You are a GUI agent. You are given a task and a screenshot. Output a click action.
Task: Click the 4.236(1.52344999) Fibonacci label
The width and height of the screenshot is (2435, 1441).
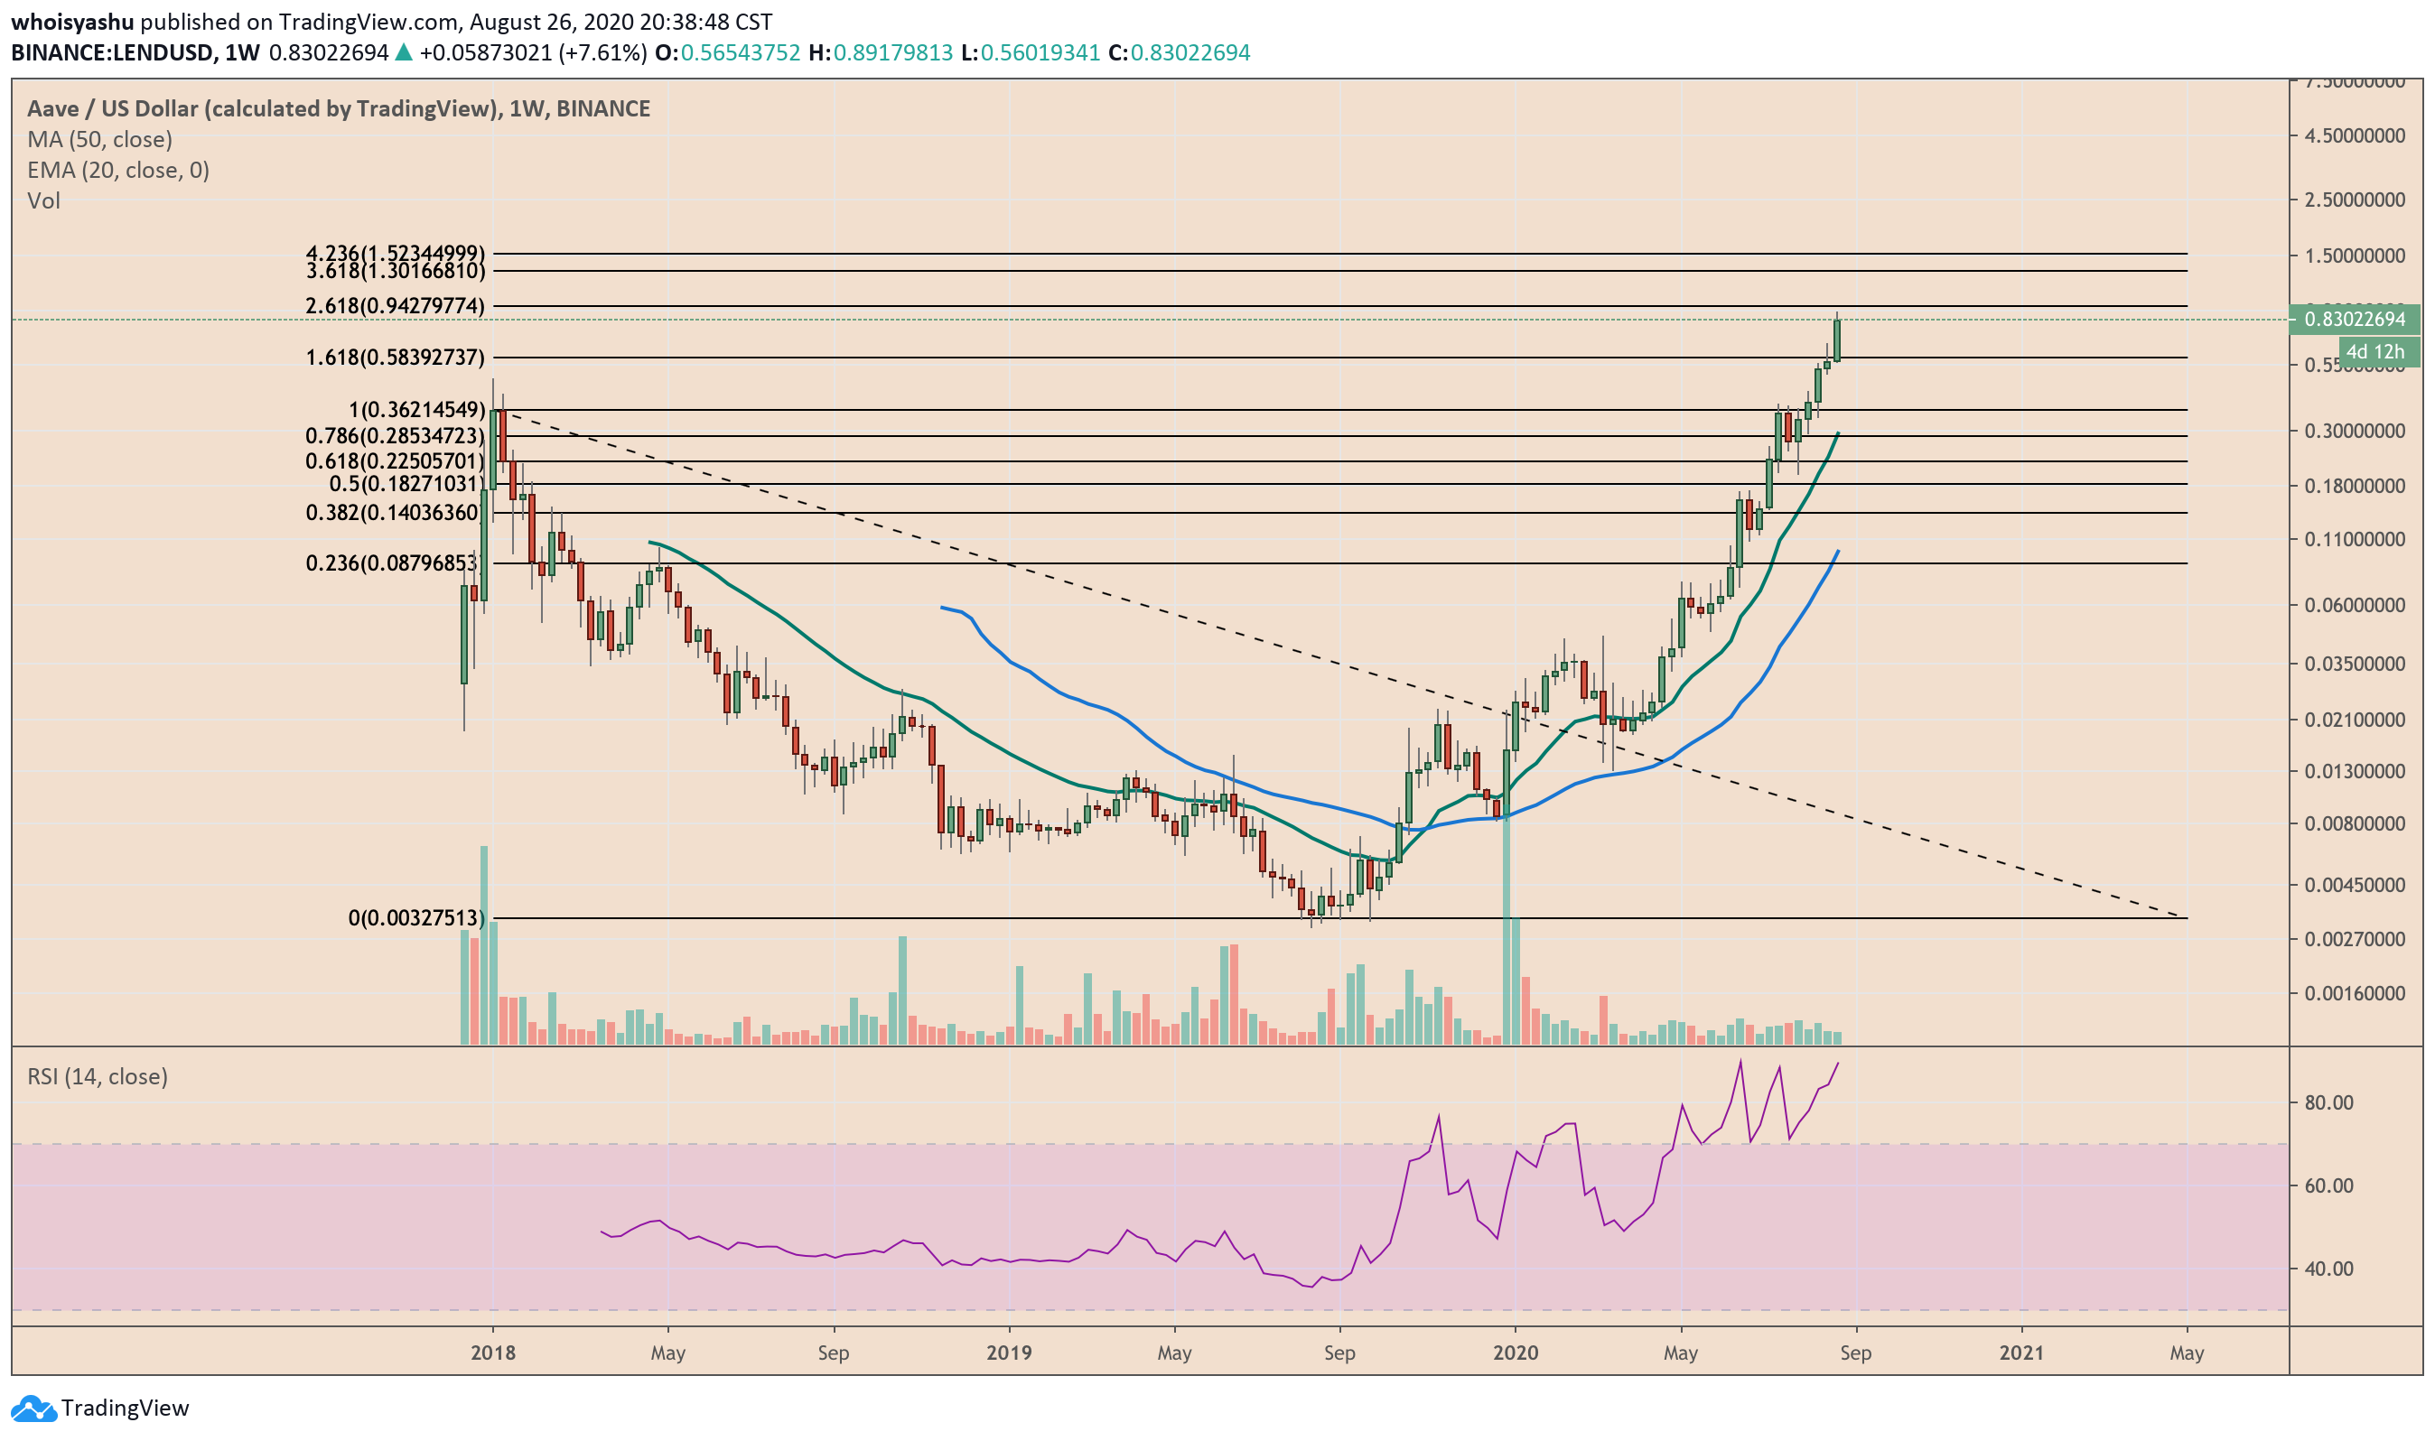pyautogui.click(x=395, y=254)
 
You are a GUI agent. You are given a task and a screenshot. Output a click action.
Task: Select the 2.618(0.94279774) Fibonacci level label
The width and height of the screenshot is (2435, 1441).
pyautogui.click(x=395, y=306)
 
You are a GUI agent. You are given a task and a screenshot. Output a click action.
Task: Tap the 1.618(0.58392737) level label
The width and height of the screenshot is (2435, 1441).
pyautogui.click(x=395, y=358)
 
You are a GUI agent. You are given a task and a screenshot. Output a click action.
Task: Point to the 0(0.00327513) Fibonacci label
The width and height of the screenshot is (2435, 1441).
pyautogui.click(x=415, y=917)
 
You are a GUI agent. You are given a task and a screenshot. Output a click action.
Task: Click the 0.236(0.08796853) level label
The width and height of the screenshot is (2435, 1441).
pyautogui.click(x=392, y=563)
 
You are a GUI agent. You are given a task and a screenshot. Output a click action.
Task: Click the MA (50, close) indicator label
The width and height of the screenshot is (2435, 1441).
pyautogui.click(x=99, y=139)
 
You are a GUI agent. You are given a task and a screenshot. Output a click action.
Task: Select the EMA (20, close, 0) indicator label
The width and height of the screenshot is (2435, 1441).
pyautogui.click(x=117, y=170)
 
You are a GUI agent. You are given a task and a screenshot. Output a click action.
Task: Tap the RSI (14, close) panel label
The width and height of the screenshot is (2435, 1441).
pyautogui.click(x=98, y=1076)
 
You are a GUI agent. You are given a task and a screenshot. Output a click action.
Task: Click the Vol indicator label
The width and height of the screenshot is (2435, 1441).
pyautogui.click(x=43, y=200)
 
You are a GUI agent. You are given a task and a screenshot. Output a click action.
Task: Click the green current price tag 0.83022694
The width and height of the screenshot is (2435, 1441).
pyautogui.click(x=2355, y=319)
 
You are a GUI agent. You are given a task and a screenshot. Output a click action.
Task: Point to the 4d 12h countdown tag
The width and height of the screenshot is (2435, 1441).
pyautogui.click(x=2374, y=351)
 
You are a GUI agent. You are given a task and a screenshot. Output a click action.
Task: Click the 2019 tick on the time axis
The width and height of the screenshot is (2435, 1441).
pyautogui.click(x=1009, y=1353)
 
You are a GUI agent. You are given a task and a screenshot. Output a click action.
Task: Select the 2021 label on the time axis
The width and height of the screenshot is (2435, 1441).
pyautogui.click(x=2021, y=1353)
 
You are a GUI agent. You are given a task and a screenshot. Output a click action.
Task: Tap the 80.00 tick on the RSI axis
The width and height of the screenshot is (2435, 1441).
pyautogui.click(x=2328, y=1102)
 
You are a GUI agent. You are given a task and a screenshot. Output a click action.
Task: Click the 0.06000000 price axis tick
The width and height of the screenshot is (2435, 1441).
pyautogui.click(x=2355, y=605)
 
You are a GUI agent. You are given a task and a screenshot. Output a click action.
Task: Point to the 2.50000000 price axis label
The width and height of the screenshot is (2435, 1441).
pyautogui.click(x=2355, y=200)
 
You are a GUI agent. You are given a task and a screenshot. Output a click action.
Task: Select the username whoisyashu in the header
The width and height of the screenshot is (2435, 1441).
pyautogui.click(x=72, y=22)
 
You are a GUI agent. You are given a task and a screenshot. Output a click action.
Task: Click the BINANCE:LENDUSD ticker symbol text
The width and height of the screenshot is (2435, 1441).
pyautogui.click(x=112, y=52)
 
